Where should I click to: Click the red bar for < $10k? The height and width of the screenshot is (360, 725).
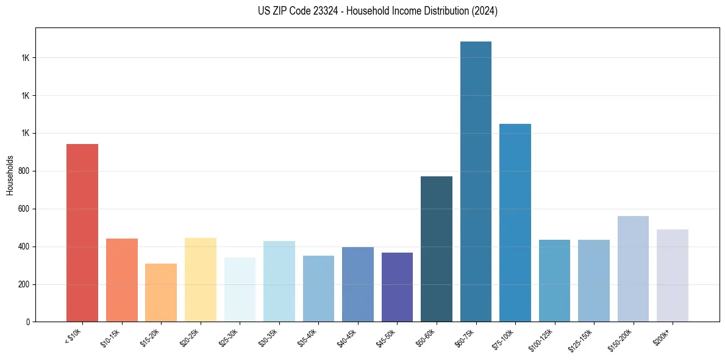82,232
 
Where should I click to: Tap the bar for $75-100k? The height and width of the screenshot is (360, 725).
515,223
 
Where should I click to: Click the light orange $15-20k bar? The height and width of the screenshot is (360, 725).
161,292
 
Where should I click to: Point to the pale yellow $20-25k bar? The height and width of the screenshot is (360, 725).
201,279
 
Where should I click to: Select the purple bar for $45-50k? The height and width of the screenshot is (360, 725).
397,287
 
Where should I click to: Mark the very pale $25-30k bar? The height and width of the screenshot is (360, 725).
240,289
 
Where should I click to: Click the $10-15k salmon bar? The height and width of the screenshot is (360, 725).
122,280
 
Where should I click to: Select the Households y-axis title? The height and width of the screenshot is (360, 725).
10,175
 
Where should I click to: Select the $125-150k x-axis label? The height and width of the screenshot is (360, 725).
580,339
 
